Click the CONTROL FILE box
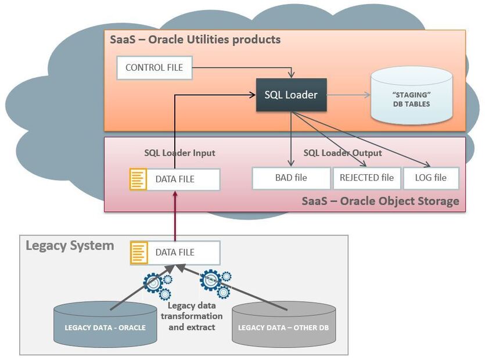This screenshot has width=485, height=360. tap(154, 68)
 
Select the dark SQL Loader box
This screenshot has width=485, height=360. tap(291, 95)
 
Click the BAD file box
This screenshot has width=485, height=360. tap(290, 178)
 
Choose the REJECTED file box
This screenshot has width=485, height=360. tap(366, 178)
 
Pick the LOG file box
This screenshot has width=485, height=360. tap(430, 178)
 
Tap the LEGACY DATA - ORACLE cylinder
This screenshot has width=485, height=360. tap(105, 326)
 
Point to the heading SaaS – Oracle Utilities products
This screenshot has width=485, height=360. tap(195, 39)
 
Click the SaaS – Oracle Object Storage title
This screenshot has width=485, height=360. tap(380, 201)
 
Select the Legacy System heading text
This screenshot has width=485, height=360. tap(70, 246)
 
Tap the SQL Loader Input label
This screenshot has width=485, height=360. tap(179, 153)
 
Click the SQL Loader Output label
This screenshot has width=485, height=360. tap(343, 153)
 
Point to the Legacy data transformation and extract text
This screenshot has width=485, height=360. tap(195, 316)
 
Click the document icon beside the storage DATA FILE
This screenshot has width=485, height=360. tap(138, 179)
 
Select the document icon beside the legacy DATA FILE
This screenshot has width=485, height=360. tap(138, 253)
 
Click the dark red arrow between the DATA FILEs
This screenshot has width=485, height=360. tap(174, 215)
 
